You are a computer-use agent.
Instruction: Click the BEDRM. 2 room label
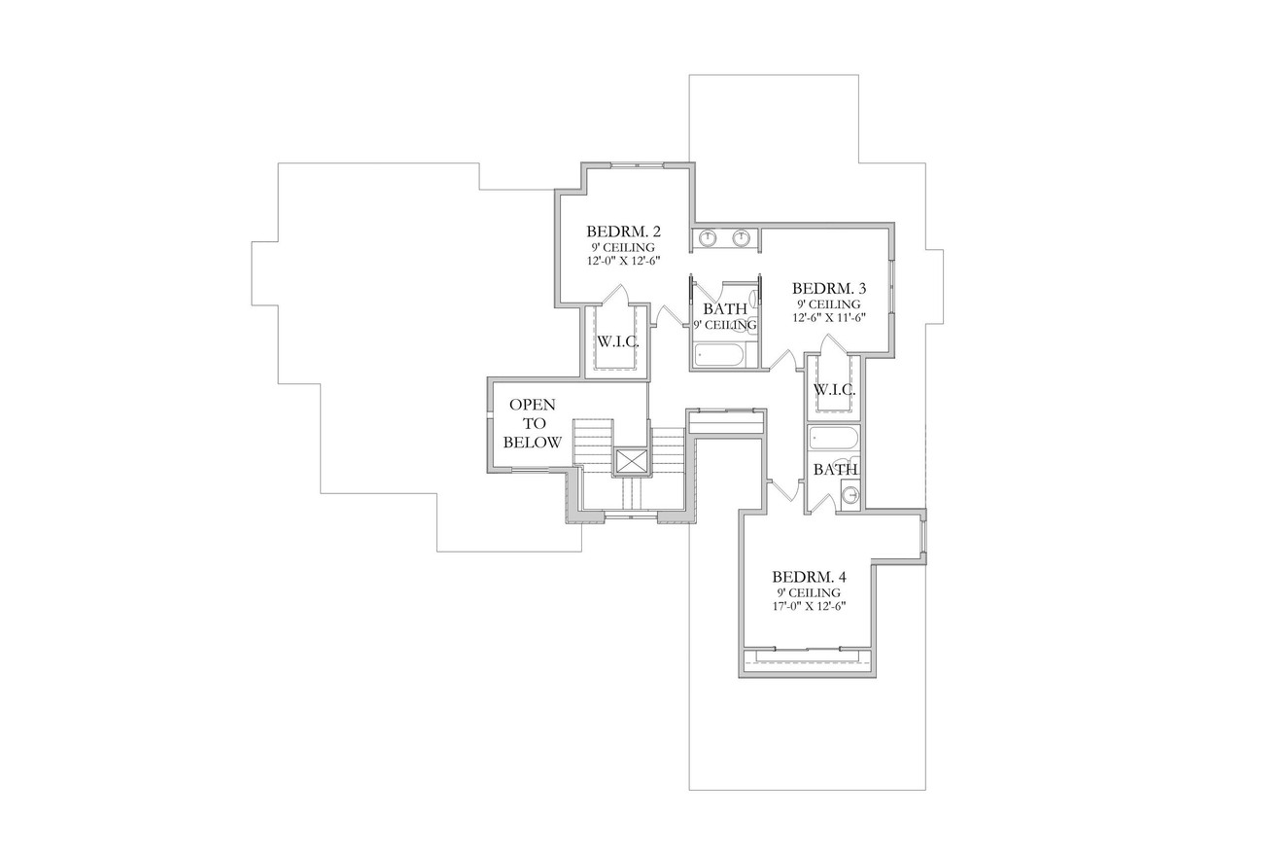click(x=623, y=232)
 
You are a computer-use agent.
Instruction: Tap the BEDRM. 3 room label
click(x=828, y=288)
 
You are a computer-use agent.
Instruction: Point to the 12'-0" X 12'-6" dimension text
click(x=623, y=262)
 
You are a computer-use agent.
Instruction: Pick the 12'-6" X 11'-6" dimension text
click(x=828, y=318)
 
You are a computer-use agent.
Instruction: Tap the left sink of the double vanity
click(x=709, y=238)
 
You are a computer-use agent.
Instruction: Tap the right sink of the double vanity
click(x=742, y=238)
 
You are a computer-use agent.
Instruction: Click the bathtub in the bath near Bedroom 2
click(x=719, y=355)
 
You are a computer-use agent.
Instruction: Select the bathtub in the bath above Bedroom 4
click(x=834, y=439)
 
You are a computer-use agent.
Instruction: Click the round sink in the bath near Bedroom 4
click(x=850, y=495)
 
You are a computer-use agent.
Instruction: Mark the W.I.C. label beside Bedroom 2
click(x=616, y=341)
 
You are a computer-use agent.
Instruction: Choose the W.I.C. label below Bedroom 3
click(x=834, y=390)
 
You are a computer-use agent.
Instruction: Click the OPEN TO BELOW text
click(x=533, y=423)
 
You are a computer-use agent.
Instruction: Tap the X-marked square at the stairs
click(x=631, y=461)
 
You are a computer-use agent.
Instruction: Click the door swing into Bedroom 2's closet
click(x=616, y=295)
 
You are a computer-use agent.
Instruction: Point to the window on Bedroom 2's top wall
click(x=637, y=165)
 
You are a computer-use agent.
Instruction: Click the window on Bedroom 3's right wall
click(x=892, y=290)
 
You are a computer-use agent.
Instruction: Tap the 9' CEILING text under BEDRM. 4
click(x=809, y=592)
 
